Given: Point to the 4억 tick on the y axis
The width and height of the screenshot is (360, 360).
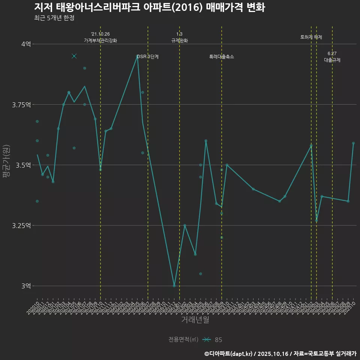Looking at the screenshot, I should click(x=26, y=44).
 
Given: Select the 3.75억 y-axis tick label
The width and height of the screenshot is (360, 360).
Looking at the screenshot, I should click(x=22, y=105).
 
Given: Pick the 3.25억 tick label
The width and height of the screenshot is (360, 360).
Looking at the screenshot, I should click(x=22, y=225).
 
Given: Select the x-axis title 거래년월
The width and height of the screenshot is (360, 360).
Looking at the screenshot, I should click(x=195, y=319).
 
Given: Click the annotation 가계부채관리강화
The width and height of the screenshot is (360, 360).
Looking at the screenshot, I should click(x=100, y=40).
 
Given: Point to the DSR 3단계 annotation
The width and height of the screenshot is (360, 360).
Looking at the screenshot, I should click(x=148, y=57).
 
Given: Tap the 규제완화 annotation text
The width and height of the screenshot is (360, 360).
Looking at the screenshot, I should click(x=179, y=40).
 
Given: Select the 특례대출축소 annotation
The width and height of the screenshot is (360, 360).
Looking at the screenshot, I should click(x=222, y=57).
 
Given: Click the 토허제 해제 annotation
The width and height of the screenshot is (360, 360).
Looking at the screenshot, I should click(x=311, y=37).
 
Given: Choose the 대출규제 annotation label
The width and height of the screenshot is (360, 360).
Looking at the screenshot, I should click(x=332, y=60).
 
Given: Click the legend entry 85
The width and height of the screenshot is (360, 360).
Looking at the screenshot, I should click(x=218, y=340).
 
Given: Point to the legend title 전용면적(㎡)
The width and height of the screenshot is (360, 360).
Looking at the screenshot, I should click(x=183, y=339).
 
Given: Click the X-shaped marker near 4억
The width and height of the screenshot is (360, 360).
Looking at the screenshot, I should click(x=74, y=56).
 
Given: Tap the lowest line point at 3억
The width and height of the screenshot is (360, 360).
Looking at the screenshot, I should click(x=174, y=286).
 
